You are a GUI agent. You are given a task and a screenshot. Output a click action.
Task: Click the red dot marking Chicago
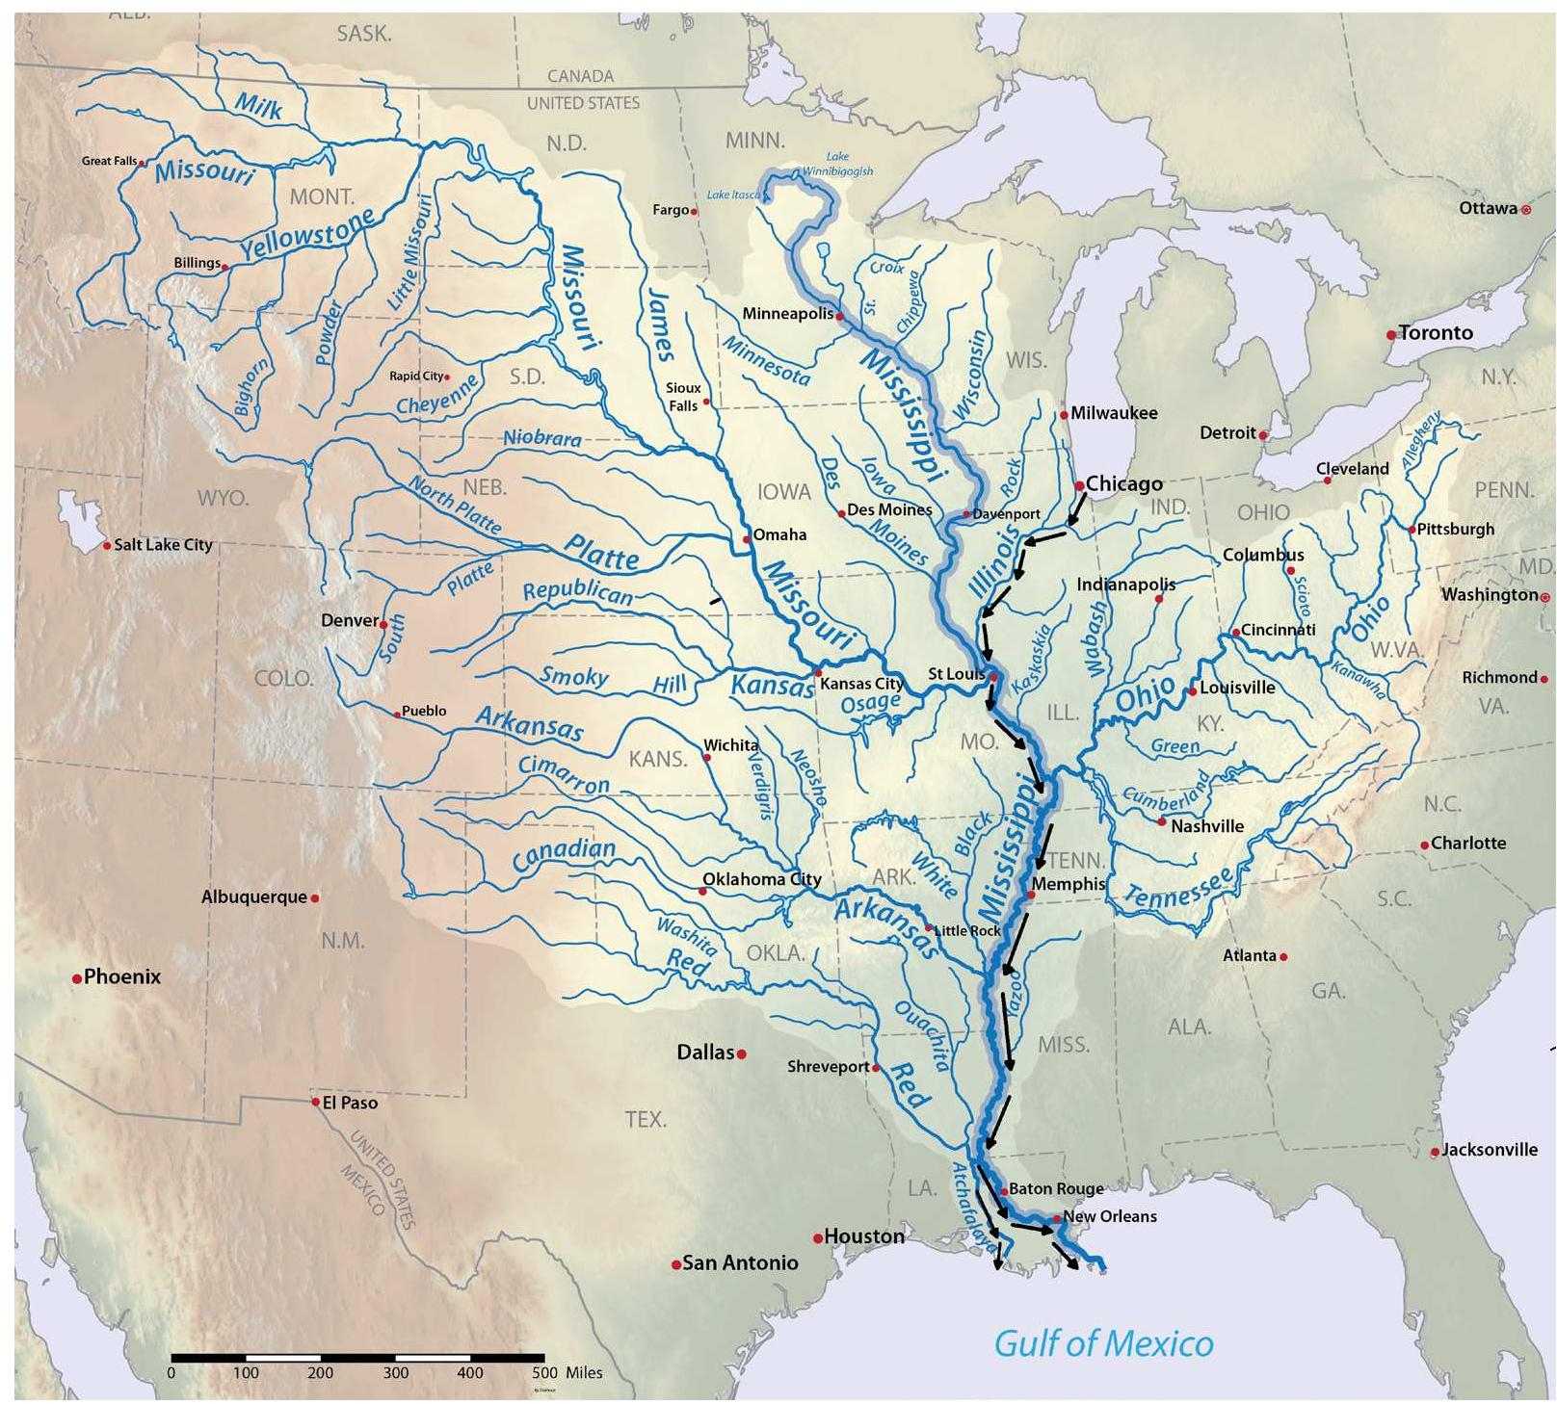pyautogui.click(x=1079, y=486)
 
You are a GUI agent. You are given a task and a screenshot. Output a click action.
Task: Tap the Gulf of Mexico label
pyautogui.click(x=1103, y=1342)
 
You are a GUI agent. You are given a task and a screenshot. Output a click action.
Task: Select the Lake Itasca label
pyautogui.click(x=733, y=195)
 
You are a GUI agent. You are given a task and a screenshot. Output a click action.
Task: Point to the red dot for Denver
pyautogui.click(x=383, y=625)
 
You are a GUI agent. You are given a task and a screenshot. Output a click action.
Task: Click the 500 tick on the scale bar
pyautogui.click(x=544, y=1358)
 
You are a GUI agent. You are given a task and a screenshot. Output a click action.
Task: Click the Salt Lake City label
pyautogui.click(x=163, y=545)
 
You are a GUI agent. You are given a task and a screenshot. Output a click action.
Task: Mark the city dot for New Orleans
pyautogui.click(x=1057, y=1219)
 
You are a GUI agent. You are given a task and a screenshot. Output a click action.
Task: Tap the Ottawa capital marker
pyautogui.click(x=1525, y=209)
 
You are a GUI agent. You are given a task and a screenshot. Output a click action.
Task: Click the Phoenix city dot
pyautogui.click(x=76, y=979)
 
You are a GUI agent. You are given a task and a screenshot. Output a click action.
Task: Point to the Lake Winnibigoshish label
pyautogui.click(x=838, y=164)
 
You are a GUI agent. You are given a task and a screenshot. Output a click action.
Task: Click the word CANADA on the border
pyautogui.click(x=580, y=76)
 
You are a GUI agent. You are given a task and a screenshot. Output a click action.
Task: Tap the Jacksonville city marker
pyautogui.click(x=1435, y=1152)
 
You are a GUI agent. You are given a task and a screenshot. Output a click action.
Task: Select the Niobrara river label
pyautogui.click(x=542, y=438)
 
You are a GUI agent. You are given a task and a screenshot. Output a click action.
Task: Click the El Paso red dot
pyautogui.click(x=315, y=1102)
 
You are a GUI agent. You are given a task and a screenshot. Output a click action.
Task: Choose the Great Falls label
pyautogui.click(x=109, y=161)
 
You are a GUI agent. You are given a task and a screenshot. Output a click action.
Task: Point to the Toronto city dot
pyautogui.click(x=1391, y=335)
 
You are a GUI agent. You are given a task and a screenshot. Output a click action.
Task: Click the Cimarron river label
pyautogui.click(x=564, y=774)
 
